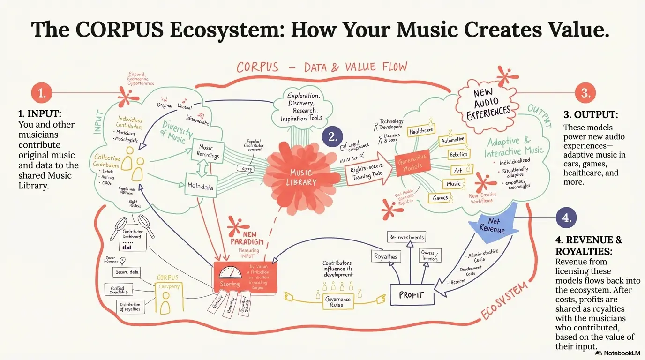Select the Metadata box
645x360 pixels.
click(x=200, y=187)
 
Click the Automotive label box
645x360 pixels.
click(x=453, y=140)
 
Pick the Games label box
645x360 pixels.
click(x=440, y=198)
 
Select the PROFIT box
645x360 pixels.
click(x=411, y=295)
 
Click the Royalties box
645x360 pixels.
click(x=386, y=256)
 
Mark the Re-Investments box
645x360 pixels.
click(x=406, y=237)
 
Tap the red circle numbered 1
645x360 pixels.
click(x=42, y=93)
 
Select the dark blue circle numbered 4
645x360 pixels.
click(x=566, y=217)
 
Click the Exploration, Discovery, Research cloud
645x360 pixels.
click(x=304, y=107)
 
